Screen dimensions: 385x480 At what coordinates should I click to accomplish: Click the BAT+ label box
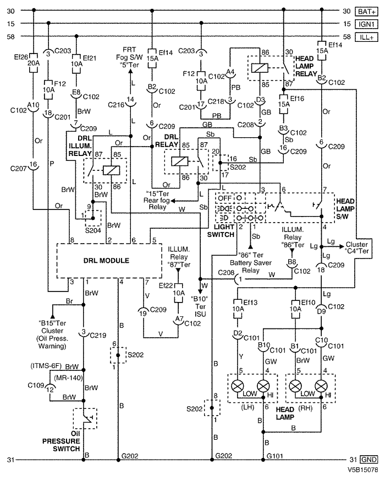[x=366, y=12]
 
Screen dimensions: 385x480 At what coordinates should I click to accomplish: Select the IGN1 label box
[x=366, y=24]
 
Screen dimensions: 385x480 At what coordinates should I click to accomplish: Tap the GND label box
[x=369, y=460]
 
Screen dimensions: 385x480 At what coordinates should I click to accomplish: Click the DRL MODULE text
[x=106, y=261]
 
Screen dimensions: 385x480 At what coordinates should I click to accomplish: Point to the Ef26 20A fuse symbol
[x=34, y=63]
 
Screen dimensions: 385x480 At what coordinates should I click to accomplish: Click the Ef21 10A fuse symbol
[x=76, y=64]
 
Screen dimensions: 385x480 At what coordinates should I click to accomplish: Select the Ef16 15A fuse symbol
[x=284, y=104]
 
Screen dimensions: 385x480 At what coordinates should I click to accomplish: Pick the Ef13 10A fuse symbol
[x=238, y=309]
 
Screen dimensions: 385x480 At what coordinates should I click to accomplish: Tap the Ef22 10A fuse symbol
[x=178, y=293]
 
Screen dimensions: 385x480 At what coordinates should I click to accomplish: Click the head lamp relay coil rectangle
[x=260, y=68]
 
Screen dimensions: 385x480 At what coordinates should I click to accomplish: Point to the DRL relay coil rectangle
[x=179, y=161]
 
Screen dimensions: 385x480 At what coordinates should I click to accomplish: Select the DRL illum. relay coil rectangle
[x=111, y=170]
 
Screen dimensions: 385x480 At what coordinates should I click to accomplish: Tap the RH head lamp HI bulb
[x=321, y=386]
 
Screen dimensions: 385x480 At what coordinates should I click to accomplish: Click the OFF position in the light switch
[x=225, y=198]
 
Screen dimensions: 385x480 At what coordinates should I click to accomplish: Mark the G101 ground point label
[x=275, y=456]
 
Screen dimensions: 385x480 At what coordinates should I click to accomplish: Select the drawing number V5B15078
[x=362, y=470]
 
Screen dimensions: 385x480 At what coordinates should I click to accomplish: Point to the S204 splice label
[x=93, y=230]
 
